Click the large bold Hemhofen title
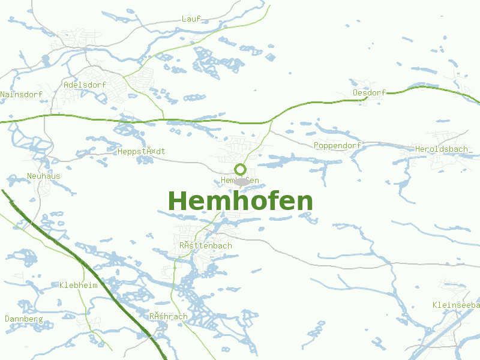241,202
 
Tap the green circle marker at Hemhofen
241,169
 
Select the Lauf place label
191,19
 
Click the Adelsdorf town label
85,85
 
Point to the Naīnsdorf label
21,95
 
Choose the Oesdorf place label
369,92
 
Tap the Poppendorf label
337,146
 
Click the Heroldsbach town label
441,149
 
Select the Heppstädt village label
142,152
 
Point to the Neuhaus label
44,176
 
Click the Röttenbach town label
206,246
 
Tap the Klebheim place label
79,286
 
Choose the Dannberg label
24,319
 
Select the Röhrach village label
169,317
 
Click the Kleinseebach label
455,305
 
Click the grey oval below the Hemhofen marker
241,181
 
